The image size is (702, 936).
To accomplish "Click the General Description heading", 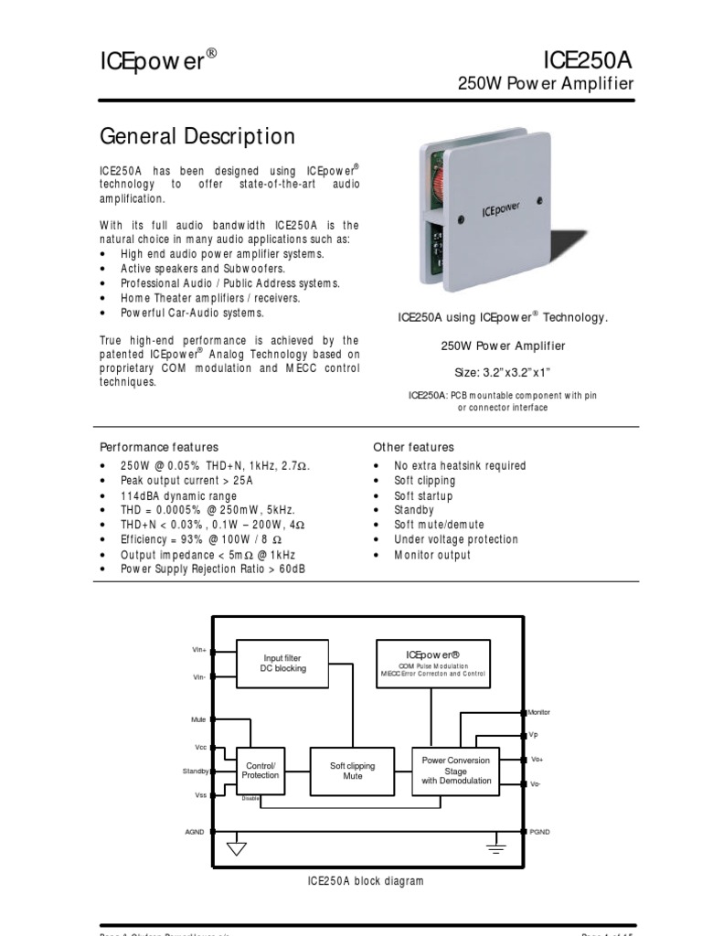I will tap(197, 137).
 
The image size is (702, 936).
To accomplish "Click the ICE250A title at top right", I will tap(588, 60).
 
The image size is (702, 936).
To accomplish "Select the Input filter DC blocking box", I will tap(282, 663).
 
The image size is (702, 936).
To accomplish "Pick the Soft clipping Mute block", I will tap(352, 771).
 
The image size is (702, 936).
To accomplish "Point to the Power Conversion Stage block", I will tap(455, 771).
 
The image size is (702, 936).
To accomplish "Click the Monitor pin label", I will tap(539, 712).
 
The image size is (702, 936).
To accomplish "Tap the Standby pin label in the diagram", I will tap(196, 771).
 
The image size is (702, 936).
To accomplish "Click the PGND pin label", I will tap(540, 832).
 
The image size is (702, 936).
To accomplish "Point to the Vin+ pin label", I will tap(199, 650).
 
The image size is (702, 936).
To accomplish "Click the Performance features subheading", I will tap(159, 447).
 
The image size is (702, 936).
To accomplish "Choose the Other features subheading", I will tap(413, 447).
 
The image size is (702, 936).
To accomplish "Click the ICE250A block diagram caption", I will tap(365, 881).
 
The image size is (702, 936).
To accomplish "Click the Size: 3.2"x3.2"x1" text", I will tap(502, 372).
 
